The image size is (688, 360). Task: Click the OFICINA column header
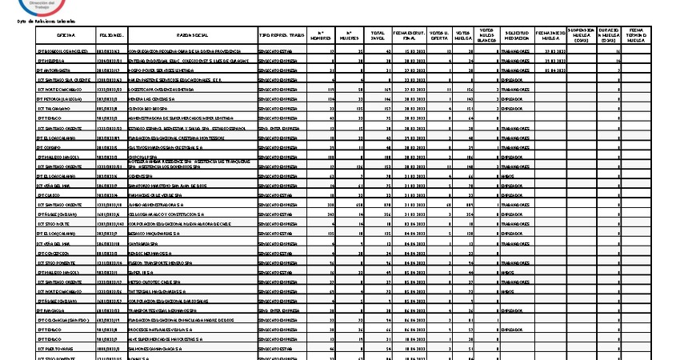(66, 36)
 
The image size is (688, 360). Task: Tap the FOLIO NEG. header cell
(111, 36)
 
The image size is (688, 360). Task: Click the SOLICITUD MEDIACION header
(516, 36)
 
